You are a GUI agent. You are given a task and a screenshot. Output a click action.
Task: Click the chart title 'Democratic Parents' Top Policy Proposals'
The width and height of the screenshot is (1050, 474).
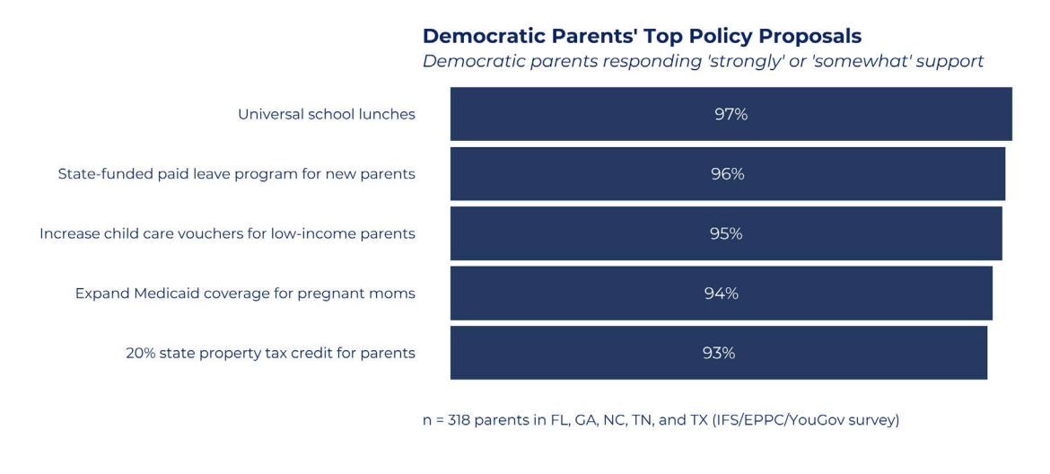pyautogui.click(x=642, y=36)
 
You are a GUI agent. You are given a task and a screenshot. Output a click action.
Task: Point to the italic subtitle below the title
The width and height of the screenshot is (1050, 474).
pyautogui.click(x=703, y=62)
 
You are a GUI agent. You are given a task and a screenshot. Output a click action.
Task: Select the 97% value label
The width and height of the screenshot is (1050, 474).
pyautogui.click(x=731, y=115)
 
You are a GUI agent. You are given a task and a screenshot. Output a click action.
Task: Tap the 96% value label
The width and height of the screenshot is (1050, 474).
pyautogui.click(x=727, y=174)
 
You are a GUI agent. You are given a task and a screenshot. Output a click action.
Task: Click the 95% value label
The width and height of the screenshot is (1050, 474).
pyautogui.click(x=726, y=233)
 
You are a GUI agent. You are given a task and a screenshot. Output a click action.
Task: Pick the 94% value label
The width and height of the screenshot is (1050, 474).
pyautogui.click(x=722, y=294)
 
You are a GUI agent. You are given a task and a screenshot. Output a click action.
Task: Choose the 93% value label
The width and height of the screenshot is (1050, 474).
pyautogui.click(x=719, y=353)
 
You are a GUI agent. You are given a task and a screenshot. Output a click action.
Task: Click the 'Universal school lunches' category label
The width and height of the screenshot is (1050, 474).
pyautogui.click(x=327, y=115)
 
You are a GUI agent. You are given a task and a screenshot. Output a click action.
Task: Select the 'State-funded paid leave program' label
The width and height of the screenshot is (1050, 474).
pyautogui.click(x=236, y=175)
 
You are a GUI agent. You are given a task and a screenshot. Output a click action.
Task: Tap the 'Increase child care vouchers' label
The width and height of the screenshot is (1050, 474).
pyautogui.click(x=228, y=234)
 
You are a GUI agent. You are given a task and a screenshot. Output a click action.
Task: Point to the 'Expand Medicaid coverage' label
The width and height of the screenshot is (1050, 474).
pyautogui.click(x=245, y=294)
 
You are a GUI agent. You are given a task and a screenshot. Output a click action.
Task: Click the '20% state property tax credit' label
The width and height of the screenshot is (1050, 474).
pyautogui.click(x=270, y=354)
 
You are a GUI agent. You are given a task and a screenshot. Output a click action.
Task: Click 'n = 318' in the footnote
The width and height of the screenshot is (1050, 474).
pyautogui.click(x=447, y=420)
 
